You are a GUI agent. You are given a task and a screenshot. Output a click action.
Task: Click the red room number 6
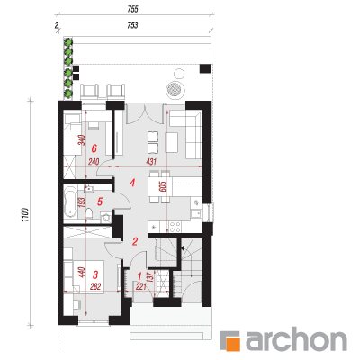[x=94, y=148]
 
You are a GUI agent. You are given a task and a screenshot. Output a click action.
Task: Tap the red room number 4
[x=132, y=183]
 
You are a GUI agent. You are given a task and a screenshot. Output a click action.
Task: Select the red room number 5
[x=100, y=202]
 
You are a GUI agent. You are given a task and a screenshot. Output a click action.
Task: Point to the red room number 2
[x=135, y=241]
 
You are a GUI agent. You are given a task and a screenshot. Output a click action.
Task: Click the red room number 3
[x=95, y=274]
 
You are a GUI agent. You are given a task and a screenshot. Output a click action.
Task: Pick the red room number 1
[x=139, y=275]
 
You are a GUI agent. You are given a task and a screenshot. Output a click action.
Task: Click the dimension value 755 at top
[x=132, y=9]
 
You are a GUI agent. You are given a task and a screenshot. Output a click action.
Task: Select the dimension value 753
[x=132, y=25]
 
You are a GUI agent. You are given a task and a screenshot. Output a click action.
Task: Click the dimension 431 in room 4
[x=151, y=162]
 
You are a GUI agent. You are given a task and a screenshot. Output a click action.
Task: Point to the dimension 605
[x=163, y=187]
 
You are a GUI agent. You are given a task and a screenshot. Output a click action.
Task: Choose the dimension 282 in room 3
[x=95, y=287]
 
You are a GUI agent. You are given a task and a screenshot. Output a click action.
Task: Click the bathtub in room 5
[x=70, y=202]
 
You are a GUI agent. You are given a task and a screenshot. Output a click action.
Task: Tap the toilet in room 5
[x=89, y=213]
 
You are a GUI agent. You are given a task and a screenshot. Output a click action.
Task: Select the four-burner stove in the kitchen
[x=175, y=227]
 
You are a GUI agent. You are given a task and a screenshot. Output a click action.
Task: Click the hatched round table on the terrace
[x=175, y=89]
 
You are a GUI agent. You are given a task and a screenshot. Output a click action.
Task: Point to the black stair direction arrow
[x=182, y=248]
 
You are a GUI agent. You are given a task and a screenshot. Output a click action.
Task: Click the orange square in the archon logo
[x=234, y=344]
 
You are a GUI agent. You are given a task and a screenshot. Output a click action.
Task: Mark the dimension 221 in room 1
[x=141, y=287]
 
